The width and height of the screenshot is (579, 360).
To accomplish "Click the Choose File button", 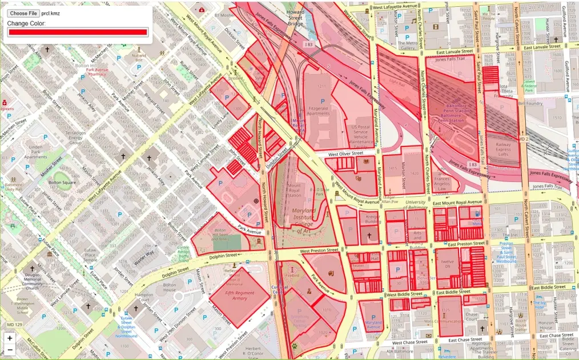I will [x=23, y=13].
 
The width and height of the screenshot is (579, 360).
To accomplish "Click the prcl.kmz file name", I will [x=50, y=13].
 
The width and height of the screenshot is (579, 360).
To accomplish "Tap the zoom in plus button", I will [x=10, y=338].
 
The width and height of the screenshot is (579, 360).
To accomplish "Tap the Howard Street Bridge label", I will [x=295, y=18].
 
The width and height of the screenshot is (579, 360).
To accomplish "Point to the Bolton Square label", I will [x=62, y=183].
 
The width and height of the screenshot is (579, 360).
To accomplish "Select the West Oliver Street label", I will [x=345, y=153].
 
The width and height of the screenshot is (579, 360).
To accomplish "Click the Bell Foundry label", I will [x=530, y=103].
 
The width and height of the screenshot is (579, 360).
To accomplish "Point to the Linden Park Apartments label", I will [x=36, y=152].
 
